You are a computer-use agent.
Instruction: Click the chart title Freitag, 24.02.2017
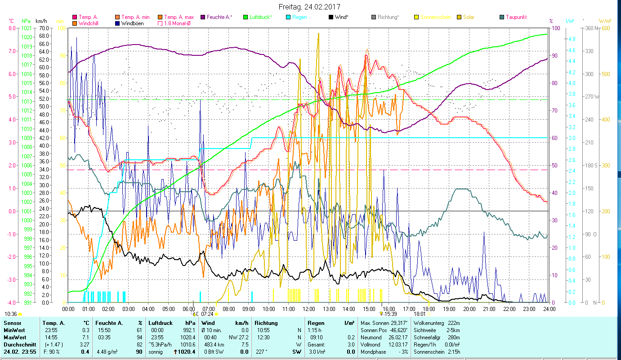pyautogui.click(x=309, y=7)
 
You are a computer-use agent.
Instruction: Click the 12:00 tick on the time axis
pyautogui.click(x=309, y=309)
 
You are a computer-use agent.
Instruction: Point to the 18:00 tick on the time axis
pyautogui.click(x=429, y=309)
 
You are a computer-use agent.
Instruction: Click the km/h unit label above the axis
pyautogui.click(x=41, y=21)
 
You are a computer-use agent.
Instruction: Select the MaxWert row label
pyautogui.click(x=15, y=337)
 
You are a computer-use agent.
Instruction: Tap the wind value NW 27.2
pyautogui.click(x=238, y=337)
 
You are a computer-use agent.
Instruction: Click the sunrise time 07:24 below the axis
pyautogui.click(x=207, y=314)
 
